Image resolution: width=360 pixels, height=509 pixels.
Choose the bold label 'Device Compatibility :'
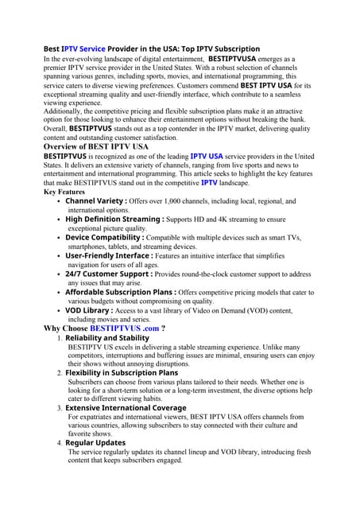tap(105, 237)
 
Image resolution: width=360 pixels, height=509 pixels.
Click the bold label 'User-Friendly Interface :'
tap(109, 255)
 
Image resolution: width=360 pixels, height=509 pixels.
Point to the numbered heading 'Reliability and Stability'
tap(106, 338)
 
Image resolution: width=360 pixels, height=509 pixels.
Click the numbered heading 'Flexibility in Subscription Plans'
tap(122, 372)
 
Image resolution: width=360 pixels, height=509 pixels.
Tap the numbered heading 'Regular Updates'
tap(95, 442)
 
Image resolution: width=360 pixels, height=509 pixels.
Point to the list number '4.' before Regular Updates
tap(60, 442)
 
